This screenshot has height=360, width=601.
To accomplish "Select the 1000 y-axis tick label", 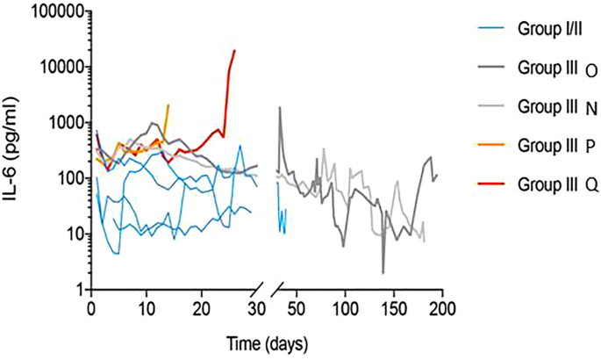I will pos(61,123).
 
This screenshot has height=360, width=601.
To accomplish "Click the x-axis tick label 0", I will pos(91,308).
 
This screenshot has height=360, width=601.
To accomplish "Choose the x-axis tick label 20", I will pos(202,308).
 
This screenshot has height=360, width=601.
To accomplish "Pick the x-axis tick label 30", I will pos(257,308).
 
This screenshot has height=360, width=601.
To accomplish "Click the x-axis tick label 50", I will pos(297,308).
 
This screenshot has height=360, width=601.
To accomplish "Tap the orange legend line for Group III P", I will pos(487,145).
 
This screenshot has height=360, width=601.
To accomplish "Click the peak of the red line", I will pos(234,50).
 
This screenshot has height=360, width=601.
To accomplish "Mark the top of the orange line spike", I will pos(168,104).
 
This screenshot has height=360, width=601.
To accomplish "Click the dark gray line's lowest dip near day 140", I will pos(383,273).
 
